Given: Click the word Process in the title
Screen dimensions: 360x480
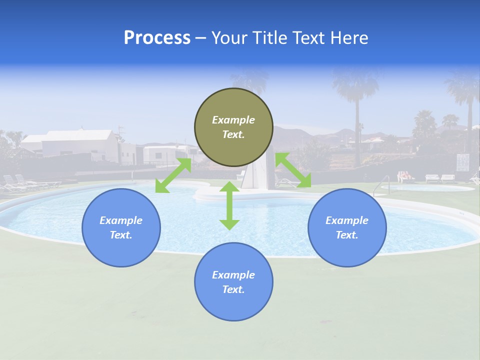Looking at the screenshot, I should [x=157, y=38].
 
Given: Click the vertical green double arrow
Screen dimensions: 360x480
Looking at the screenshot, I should [x=229, y=205].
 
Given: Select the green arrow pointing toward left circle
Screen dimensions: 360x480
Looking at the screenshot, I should [x=173, y=175].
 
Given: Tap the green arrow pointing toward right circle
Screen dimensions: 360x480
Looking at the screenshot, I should [x=293, y=170].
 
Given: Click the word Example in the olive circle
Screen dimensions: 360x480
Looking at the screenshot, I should [x=233, y=120].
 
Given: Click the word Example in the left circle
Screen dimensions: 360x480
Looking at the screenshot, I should [x=121, y=220].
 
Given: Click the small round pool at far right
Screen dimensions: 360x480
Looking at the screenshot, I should [x=427, y=188].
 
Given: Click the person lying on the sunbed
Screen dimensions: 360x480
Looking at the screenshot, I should [x=405, y=176].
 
